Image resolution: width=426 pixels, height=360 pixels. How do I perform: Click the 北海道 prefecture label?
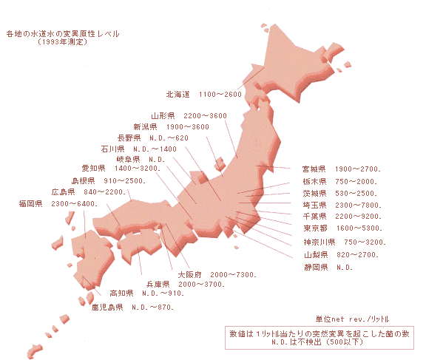pos(178,95)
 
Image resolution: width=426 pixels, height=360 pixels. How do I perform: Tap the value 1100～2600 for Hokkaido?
pos(220,95)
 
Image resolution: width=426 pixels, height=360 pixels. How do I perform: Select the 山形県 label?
pos(163,116)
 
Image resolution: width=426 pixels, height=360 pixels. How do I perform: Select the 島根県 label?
pos(83,180)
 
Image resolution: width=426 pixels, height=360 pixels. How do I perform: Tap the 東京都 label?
pos(316,228)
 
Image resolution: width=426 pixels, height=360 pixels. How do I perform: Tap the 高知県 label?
pos(121,293)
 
